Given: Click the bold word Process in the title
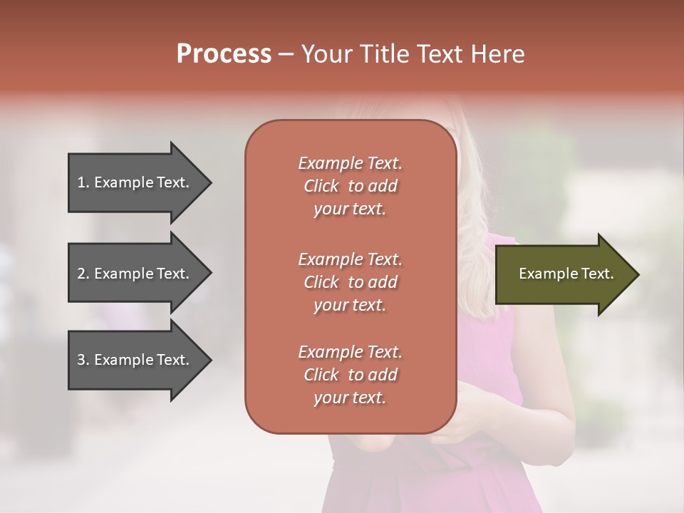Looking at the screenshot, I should pos(224,54).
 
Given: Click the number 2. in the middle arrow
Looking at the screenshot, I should pos(83,274).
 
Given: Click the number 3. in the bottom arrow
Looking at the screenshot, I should pos(83,360).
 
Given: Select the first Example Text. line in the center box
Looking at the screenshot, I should pos(350,163).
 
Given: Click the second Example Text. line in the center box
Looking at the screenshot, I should pos(350,259).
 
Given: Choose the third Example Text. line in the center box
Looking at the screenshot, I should pos(350,352).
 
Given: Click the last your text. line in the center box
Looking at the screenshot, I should pos(350,398).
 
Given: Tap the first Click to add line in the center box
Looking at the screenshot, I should pos(350,186).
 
